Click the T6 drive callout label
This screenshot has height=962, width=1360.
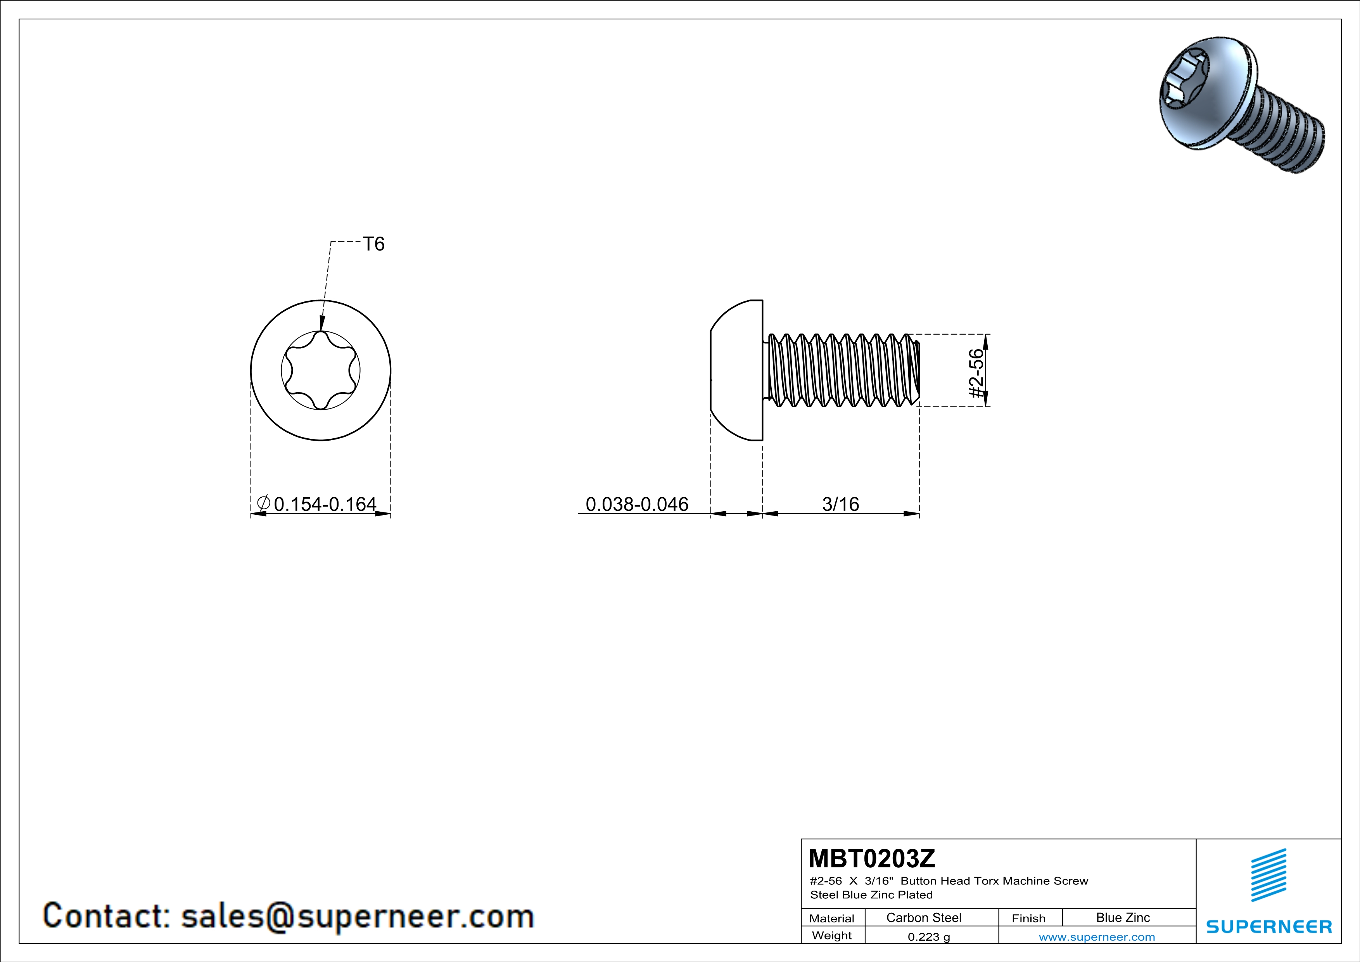tap(374, 244)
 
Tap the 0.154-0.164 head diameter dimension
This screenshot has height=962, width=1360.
tap(325, 504)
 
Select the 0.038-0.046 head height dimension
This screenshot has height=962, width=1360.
tap(637, 504)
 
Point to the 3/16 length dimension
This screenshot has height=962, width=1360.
tap(840, 504)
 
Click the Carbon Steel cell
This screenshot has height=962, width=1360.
tap(923, 917)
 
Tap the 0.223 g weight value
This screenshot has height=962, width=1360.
tap(929, 936)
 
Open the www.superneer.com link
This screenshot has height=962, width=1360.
tap(1096, 936)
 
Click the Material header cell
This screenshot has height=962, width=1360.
tap(832, 918)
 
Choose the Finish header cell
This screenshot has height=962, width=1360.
tap(1028, 918)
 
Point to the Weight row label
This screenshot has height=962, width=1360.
tap(832, 935)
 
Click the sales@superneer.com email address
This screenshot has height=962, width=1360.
tap(357, 916)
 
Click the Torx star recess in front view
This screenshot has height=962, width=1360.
tap(320, 370)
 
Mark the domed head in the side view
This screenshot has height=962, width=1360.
tap(737, 370)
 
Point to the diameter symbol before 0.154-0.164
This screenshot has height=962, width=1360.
tap(264, 503)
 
